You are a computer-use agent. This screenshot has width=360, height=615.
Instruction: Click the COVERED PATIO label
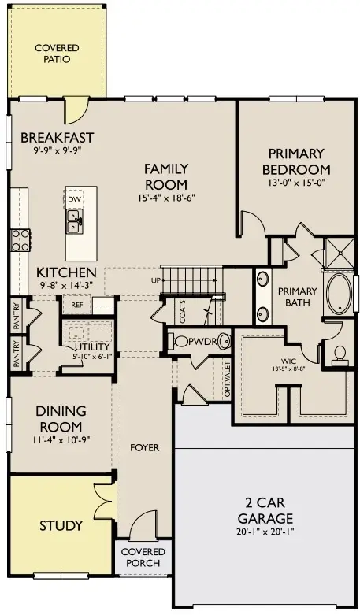(57, 54)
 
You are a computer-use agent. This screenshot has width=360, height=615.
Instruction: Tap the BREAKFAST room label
(58, 138)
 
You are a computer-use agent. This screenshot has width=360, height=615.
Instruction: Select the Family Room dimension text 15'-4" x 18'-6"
(166, 198)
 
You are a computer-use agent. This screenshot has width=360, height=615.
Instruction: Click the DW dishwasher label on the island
(74, 200)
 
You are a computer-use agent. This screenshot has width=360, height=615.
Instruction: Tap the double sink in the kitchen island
(74, 221)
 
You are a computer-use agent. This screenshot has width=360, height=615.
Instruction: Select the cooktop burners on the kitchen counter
(20, 240)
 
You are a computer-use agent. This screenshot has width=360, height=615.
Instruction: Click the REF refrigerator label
(76, 305)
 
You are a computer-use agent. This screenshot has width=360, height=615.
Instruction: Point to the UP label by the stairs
(155, 280)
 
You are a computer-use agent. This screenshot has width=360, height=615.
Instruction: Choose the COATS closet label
(182, 312)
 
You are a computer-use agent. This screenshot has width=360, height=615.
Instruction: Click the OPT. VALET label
(227, 379)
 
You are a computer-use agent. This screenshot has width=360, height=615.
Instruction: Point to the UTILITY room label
(92, 347)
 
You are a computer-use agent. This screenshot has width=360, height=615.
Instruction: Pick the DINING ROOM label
(61, 418)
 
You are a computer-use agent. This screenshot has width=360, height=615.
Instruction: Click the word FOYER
(145, 447)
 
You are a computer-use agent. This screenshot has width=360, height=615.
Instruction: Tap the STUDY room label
(61, 525)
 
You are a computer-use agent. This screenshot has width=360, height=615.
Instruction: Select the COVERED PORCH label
(143, 558)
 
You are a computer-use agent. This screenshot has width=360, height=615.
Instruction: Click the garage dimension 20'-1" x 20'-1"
(265, 532)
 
